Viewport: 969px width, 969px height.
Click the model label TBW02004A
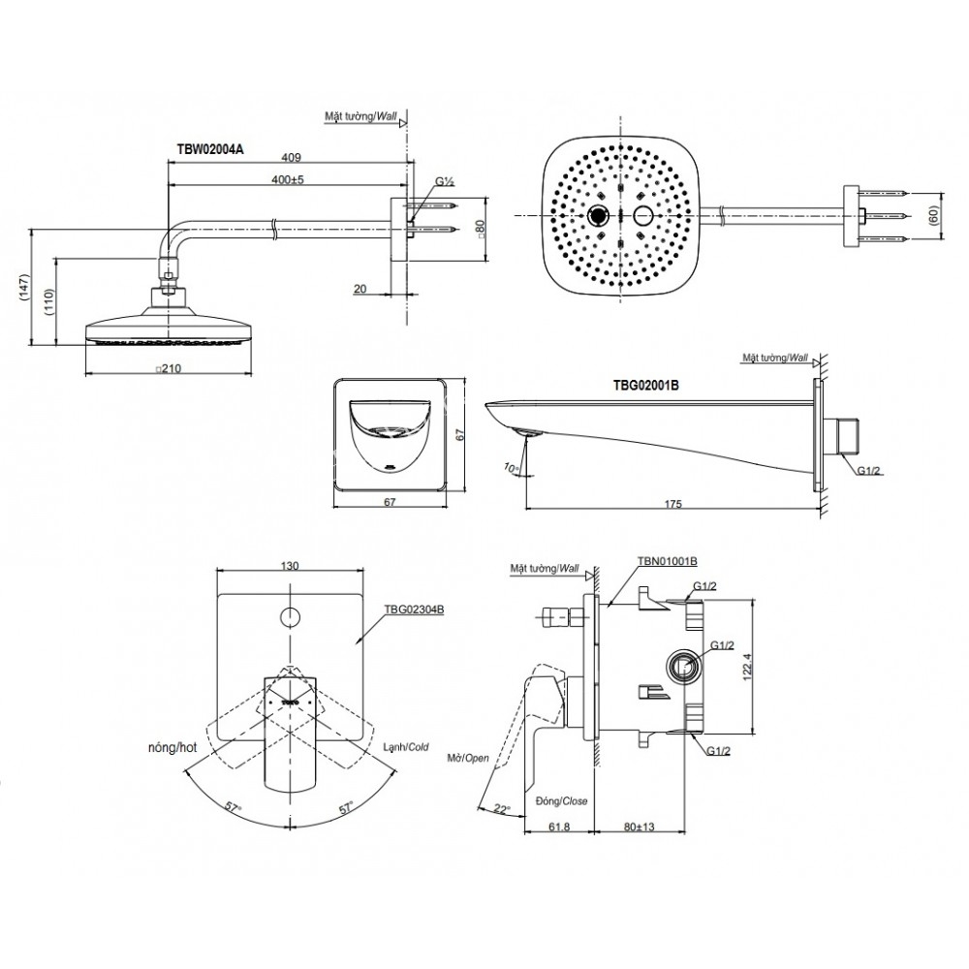point(209,150)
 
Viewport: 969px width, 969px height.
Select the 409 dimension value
point(290,157)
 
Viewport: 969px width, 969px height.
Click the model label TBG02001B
point(647,385)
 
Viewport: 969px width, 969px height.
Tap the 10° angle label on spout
point(512,468)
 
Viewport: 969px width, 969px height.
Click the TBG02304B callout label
point(413,610)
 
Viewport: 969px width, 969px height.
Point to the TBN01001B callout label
point(670,561)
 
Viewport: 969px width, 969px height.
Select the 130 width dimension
point(289,565)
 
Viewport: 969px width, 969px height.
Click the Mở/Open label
point(468,758)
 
